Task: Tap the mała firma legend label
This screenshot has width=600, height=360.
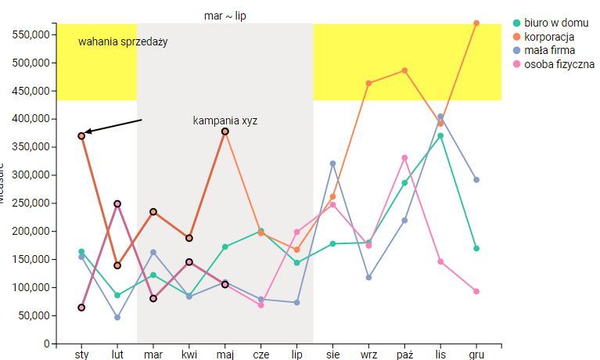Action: click(550, 50)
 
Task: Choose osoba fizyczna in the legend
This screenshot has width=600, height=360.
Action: click(559, 63)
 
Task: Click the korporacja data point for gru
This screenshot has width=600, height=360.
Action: click(476, 23)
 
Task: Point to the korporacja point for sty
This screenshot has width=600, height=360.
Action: click(81, 136)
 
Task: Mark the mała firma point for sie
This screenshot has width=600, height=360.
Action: click(332, 164)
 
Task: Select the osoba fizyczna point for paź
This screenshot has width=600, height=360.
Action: click(404, 158)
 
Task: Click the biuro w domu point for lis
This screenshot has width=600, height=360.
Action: click(440, 136)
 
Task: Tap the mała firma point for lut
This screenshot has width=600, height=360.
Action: click(117, 317)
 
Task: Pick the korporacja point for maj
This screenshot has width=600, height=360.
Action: click(225, 131)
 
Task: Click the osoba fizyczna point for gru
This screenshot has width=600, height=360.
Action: click(476, 291)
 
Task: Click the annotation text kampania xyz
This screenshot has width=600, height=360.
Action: click(225, 121)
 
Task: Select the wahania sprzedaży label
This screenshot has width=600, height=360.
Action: click(123, 41)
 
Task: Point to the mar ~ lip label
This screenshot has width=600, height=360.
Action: click(225, 16)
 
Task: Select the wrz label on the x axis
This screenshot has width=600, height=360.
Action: click(368, 355)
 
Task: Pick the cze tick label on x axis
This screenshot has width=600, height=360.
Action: click(261, 355)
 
